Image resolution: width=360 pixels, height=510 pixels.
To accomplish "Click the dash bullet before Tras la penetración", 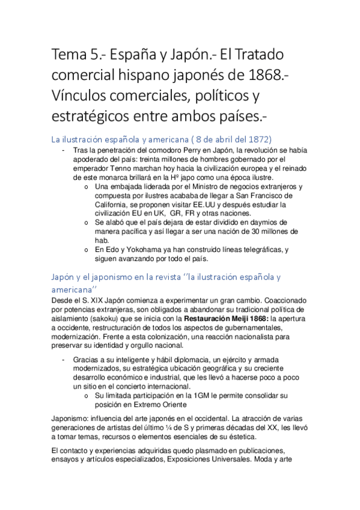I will click(64, 150).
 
